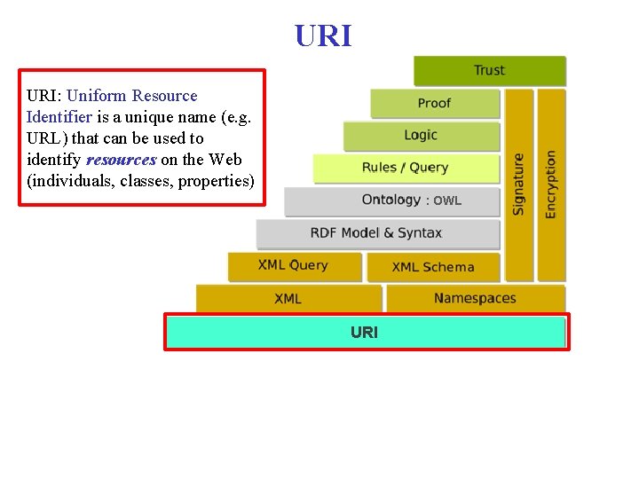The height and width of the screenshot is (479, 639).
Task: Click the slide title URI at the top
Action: pos(323,35)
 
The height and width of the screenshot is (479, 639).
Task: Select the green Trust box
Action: pos(489,71)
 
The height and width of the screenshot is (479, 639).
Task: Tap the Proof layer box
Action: pos(435,104)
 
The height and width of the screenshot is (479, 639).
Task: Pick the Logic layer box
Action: pos(421,136)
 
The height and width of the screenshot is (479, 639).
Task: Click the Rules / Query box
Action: pos(405,168)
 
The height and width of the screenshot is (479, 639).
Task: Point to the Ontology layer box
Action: pos(390,200)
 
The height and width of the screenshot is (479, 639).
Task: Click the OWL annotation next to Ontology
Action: pos(446,201)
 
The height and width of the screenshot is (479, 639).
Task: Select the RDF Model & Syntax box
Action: pos(376,233)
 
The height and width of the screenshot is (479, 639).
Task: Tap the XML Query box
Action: pos(294,266)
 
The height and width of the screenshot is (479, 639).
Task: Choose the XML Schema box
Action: pos(433,267)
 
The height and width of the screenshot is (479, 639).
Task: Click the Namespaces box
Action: pos(475,299)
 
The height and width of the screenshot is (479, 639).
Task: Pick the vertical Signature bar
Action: pos(519,185)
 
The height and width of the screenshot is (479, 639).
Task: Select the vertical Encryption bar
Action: pos(551,185)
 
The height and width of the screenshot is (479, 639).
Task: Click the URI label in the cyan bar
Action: pos(364,333)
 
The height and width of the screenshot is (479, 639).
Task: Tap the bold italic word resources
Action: pos(121,160)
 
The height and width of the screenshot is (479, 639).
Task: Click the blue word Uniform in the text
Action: pos(97,96)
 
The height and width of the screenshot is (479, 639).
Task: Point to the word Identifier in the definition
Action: pos(59,117)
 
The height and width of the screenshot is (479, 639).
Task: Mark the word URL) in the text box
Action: pos(47,138)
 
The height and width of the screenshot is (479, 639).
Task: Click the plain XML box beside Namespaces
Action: pos(288,299)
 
